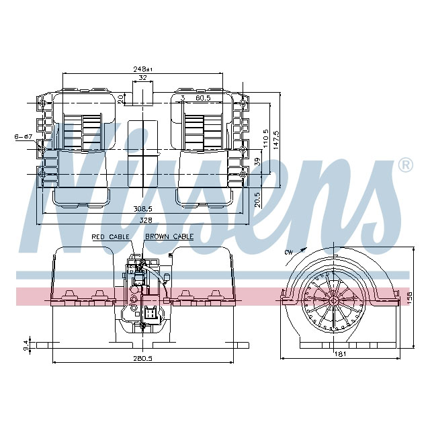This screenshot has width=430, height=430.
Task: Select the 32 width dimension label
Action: (x=142, y=79)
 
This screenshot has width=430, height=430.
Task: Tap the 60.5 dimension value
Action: (x=202, y=98)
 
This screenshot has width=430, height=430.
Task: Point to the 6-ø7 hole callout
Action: (x=23, y=137)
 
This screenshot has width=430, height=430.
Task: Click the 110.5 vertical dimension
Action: (x=266, y=139)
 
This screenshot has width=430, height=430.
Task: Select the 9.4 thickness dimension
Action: (x=26, y=345)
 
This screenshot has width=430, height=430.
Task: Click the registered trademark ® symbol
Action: (x=405, y=165)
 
